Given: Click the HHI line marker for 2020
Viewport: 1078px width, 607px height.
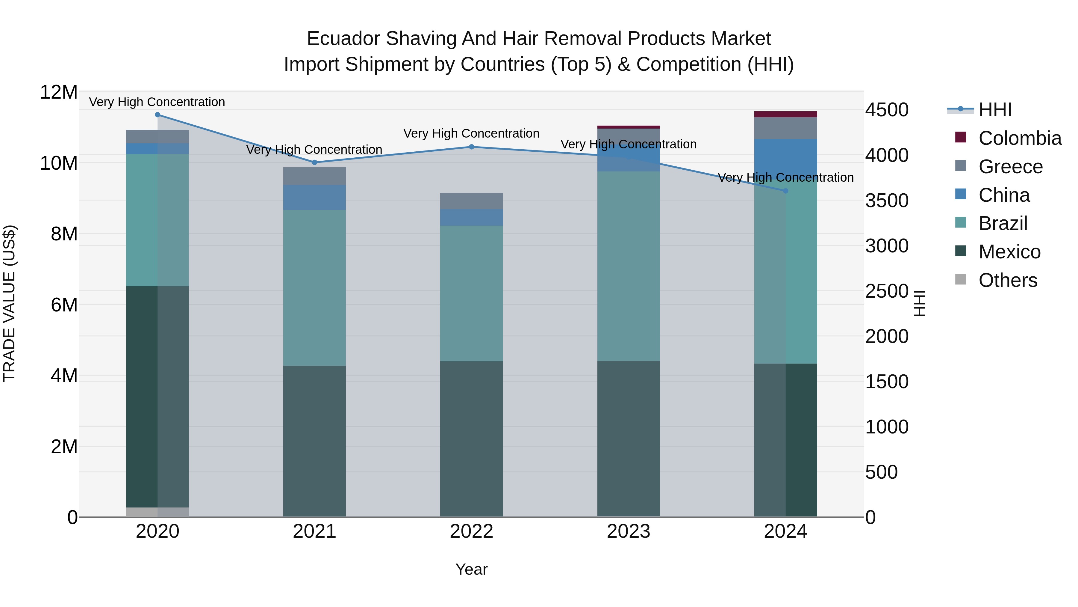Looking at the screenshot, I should tap(157, 115).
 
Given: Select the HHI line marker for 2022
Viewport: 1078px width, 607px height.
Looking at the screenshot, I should tap(471, 147).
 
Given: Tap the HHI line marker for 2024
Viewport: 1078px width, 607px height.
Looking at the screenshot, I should tap(785, 191).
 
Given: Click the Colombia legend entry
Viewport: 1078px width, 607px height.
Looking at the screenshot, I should tap(1019, 138).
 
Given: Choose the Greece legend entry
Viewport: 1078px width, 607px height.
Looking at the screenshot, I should tap(1010, 167).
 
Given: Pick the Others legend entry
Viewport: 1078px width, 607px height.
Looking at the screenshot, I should tap(1008, 280).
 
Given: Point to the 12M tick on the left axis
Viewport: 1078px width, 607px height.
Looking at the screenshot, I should tap(59, 92).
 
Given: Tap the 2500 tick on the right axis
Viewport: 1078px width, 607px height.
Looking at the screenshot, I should tap(887, 292).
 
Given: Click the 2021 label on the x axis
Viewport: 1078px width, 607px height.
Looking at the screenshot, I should tap(314, 531).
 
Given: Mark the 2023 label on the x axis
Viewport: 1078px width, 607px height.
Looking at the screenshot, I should tap(628, 531).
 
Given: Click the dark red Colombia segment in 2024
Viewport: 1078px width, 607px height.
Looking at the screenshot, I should tap(785, 115).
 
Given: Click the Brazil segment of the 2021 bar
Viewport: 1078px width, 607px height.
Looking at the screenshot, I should tap(314, 287).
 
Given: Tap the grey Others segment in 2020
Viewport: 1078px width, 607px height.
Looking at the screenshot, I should tap(157, 512).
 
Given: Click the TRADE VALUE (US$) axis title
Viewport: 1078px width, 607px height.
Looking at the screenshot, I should tap(9, 303).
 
